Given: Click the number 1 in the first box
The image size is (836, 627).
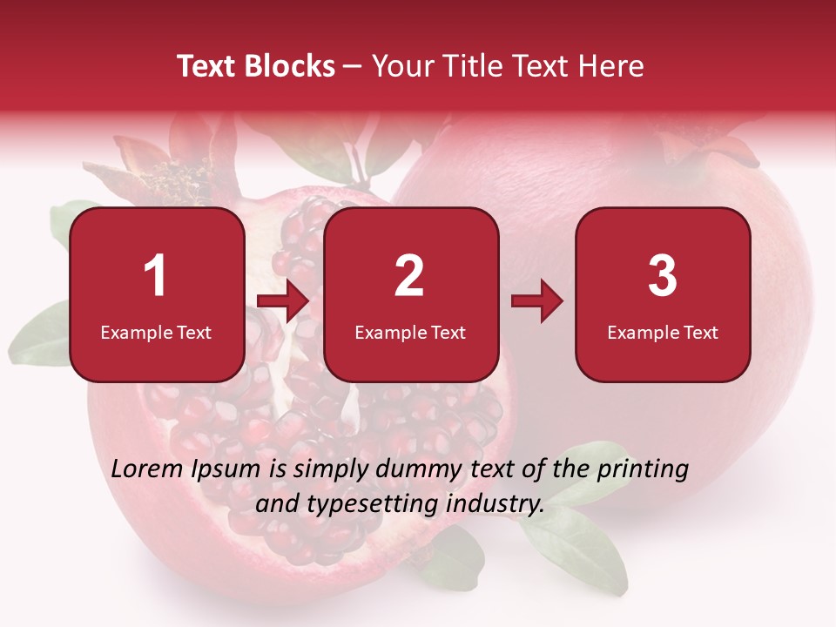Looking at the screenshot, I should coord(155,276).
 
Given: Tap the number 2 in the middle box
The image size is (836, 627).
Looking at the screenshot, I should coord(409,276).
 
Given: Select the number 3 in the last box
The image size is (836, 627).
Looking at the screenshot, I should coord(663,276).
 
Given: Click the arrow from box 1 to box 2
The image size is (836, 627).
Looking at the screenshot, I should coord(283,301).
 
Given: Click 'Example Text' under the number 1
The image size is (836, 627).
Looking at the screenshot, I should coord(156,332).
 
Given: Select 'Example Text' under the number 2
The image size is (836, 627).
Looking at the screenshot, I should coord(410,332).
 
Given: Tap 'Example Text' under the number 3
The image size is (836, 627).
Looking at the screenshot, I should coord(663,332).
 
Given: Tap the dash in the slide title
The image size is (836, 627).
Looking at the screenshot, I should coord(353,67).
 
